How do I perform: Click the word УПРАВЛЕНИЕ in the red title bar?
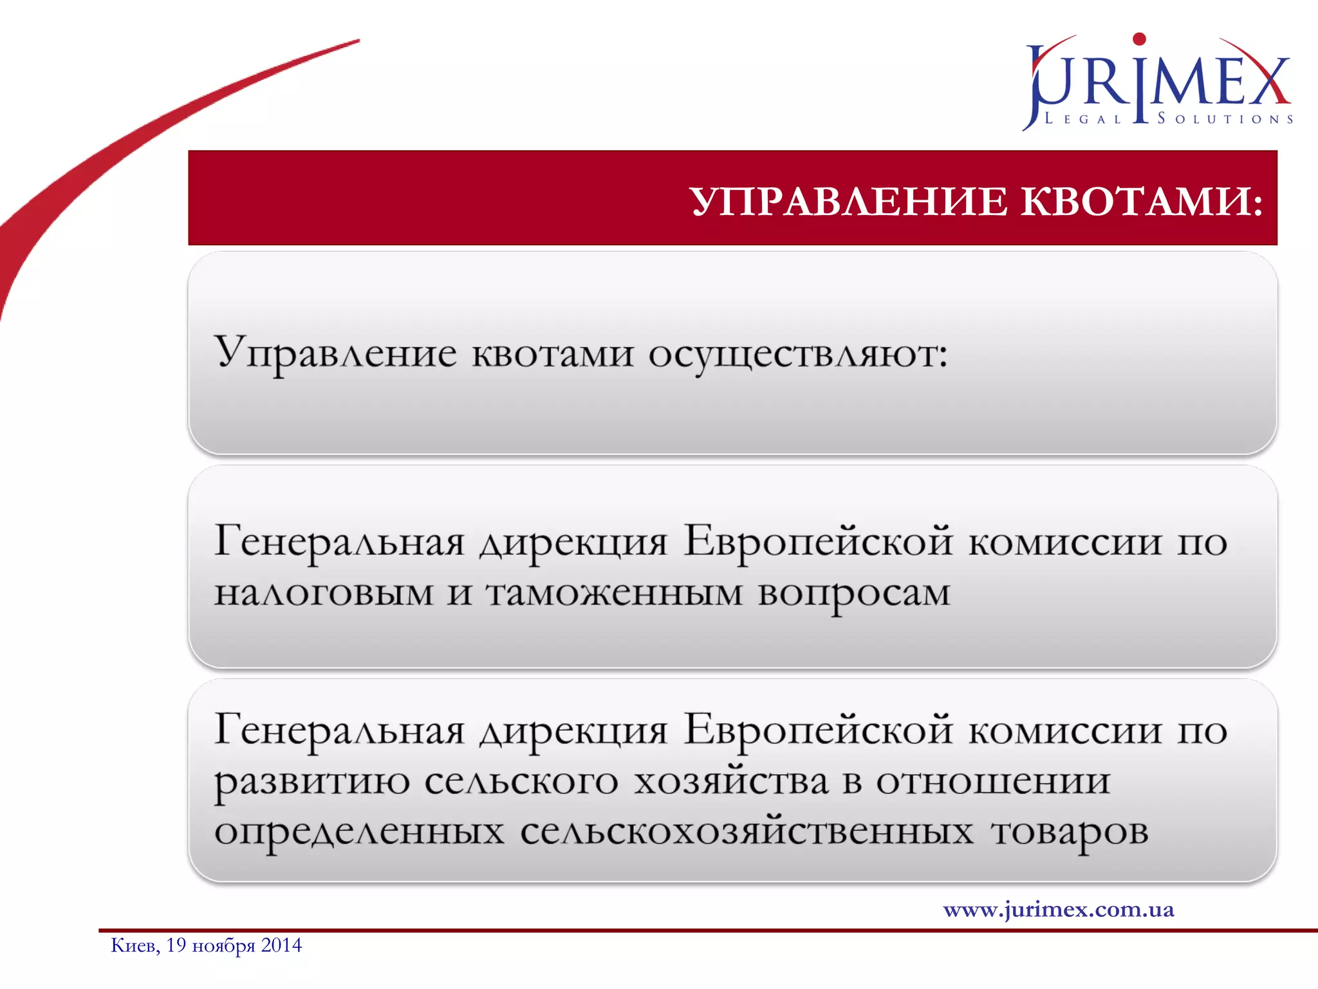click(849, 202)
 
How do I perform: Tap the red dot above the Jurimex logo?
click(1139, 39)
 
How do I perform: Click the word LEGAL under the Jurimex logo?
click(1082, 119)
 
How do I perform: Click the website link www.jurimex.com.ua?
click(1059, 909)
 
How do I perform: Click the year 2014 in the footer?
click(281, 945)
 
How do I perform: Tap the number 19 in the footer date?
click(176, 945)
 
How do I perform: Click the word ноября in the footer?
click(223, 946)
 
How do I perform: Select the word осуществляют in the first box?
click(797, 355)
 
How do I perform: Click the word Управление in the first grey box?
click(335, 353)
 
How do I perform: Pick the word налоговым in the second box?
click(324, 592)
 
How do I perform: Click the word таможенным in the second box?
click(614, 592)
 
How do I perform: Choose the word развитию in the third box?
click(311, 782)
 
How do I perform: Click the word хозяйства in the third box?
click(730, 780)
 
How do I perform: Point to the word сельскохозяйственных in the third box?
click(747, 831)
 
